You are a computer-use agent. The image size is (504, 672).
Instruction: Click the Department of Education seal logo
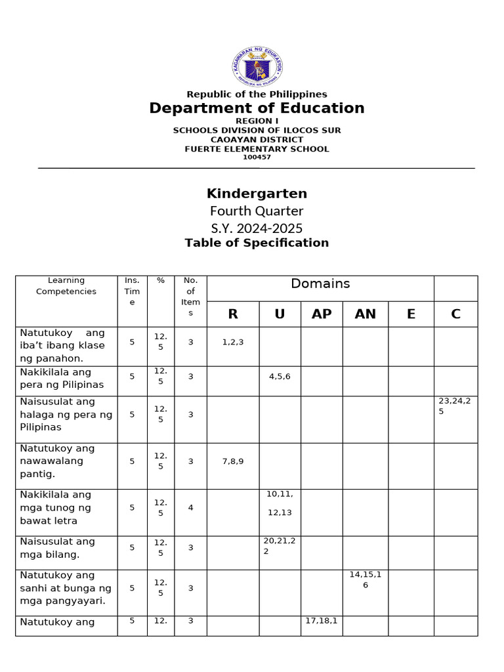click(257, 66)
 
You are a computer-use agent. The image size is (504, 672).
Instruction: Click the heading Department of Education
click(257, 108)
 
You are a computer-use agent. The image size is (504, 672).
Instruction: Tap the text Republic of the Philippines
click(257, 94)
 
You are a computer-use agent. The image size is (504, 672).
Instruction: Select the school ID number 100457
click(257, 157)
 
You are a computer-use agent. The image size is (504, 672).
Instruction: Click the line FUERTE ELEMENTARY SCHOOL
click(257, 149)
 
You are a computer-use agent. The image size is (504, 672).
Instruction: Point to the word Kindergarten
click(257, 194)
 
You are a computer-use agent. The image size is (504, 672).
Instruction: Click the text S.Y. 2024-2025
click(257, 228)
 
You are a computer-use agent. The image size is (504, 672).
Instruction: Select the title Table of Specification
click(257, 243)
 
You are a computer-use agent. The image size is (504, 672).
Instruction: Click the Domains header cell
click(320, 284)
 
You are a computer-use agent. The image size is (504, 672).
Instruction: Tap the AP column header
click(322, 314)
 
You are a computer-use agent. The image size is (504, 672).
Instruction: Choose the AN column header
click(365, 314)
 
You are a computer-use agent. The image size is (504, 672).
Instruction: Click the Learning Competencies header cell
click(66, 286)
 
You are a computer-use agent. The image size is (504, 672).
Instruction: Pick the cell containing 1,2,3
click(233, 342)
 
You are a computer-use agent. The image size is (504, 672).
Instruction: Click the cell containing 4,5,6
click(280, 377)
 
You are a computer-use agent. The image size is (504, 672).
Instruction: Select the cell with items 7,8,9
click(233, 461)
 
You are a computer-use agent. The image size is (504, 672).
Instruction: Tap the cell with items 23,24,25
click(455, 406)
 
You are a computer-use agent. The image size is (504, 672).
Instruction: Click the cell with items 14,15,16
click(365, 579)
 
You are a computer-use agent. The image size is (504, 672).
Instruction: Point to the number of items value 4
click(190, 507)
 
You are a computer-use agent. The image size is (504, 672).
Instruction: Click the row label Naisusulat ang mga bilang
click(58, 548)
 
